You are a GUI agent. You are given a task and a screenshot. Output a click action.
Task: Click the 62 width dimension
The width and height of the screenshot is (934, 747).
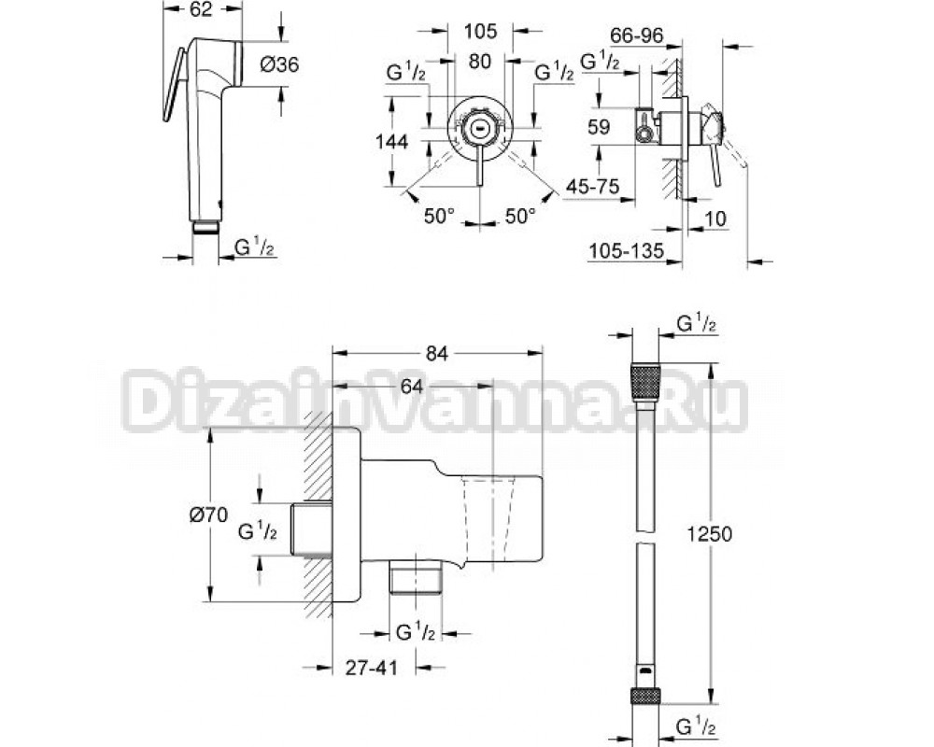point(203,9)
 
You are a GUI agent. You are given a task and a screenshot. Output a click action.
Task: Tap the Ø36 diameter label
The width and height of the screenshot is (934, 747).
point(279,64)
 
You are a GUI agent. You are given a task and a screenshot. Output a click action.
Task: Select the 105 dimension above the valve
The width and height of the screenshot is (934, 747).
point(480,31)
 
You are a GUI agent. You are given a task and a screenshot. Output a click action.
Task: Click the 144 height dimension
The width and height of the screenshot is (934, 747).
point(391,142)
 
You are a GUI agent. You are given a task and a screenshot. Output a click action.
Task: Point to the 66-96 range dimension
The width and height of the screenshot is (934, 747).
point(637,36)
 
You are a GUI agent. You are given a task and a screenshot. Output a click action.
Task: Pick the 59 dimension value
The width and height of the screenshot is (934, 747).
point(599,127)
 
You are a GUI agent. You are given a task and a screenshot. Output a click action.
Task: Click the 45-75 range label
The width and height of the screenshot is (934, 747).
point(593,187)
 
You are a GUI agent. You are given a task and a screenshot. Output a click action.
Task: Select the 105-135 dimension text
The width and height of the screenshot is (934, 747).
point(626,251)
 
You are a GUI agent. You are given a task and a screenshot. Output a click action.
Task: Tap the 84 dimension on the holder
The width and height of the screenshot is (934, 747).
point(436,353)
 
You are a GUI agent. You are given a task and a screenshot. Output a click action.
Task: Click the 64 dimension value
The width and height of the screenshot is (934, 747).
point(412,387)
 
